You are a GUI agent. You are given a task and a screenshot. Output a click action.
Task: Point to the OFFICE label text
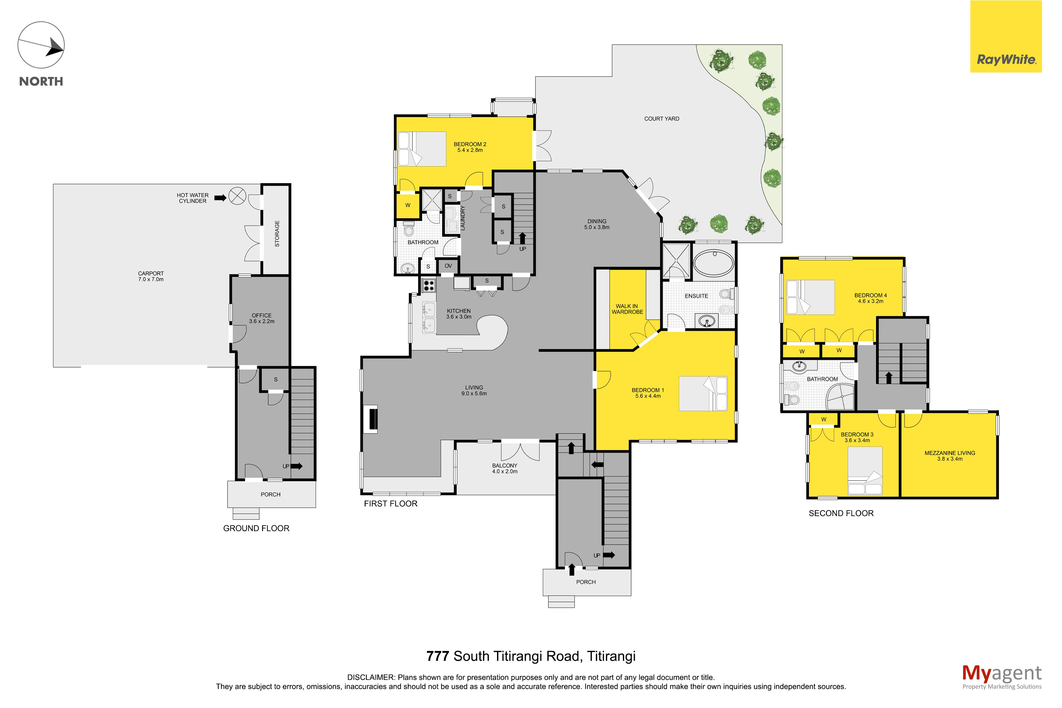(262, 316)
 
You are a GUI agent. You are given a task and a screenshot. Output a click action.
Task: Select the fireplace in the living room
(371, 418)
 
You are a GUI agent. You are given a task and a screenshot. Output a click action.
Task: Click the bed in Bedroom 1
(703, 393)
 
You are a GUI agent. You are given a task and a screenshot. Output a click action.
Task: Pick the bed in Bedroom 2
(421, 149)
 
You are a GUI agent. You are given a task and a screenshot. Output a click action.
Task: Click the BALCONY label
(505, 466)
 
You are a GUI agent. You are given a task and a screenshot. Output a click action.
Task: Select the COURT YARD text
(662, 119)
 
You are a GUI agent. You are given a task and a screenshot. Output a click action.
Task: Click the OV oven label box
(448, 266)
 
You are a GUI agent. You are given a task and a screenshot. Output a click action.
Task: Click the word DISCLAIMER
(371, 677)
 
